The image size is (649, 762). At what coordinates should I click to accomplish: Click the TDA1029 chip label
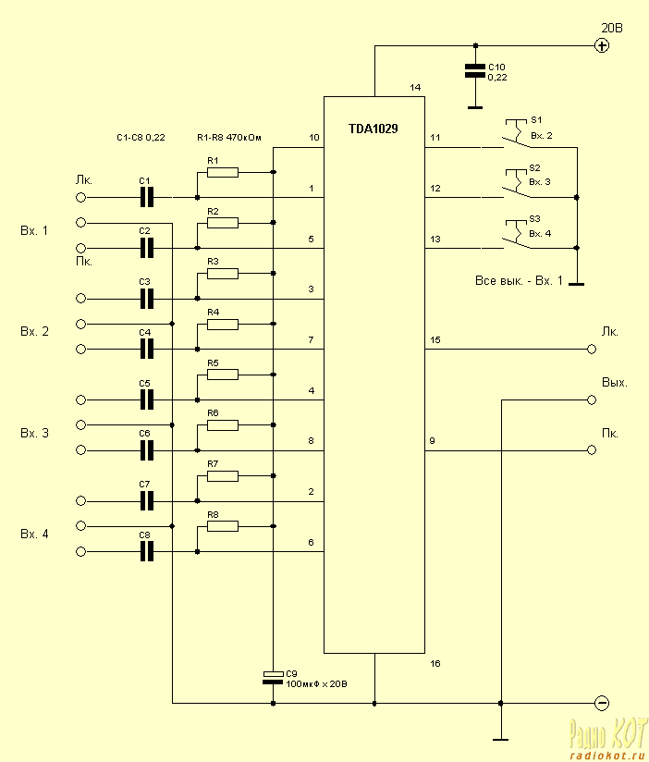click(374, 129)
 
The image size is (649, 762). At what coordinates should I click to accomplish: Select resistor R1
click(223, 172)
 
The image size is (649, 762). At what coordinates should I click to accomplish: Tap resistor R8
click(223, 526)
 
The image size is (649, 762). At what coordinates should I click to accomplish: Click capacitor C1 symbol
click(146, 197)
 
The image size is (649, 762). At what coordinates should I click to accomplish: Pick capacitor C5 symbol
click(146, 399)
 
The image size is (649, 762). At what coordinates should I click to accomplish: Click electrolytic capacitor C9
click(273, 677)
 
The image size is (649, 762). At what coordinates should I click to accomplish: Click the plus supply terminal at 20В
click(602, 45)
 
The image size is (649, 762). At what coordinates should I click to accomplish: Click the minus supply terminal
click(602, 703)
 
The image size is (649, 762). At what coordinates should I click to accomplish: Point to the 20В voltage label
click(612, 28)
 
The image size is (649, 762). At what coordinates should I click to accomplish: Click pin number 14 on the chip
click(415, 88)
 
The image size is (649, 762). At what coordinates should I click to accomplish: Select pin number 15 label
click(435, 341)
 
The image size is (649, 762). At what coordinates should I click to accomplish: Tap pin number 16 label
click(435, 663)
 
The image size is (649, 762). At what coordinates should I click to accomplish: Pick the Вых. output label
click(615, 382)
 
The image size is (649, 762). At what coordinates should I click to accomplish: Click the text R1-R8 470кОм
click(229, 138)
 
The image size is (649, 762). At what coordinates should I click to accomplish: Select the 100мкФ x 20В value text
click(317, 684)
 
